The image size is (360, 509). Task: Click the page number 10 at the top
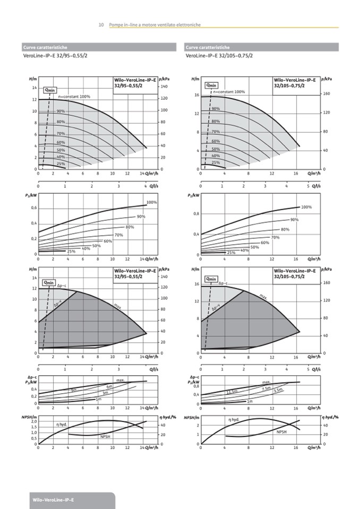click(x=101, y=24)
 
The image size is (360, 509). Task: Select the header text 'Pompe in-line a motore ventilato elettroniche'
click(x=155, y=24)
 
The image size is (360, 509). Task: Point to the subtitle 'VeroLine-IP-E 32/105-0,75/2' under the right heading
click(x=219, y=55)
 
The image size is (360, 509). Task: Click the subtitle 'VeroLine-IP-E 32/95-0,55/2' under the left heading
click(x=55, y=55)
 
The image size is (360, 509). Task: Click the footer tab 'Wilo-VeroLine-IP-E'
click(x=53, y=500)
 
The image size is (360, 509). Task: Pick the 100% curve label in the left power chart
click(x=151, y=202)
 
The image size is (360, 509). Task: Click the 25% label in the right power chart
click(x=231, y=252)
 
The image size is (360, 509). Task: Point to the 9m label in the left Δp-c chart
click(x=74, y=390)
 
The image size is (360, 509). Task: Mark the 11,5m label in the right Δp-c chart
click(x=232, y=392)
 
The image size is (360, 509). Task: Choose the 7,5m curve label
click(x=267, y=389)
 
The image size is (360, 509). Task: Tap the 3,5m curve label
click(x=278, y=391)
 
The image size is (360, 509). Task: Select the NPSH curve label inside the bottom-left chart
click(x=106, y=436)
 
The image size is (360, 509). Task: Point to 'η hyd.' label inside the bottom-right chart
click(x=234, y=419)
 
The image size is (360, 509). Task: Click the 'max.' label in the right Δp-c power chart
click(x=266, y=382)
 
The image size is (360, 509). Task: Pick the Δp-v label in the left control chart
click(x=58, y=304)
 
